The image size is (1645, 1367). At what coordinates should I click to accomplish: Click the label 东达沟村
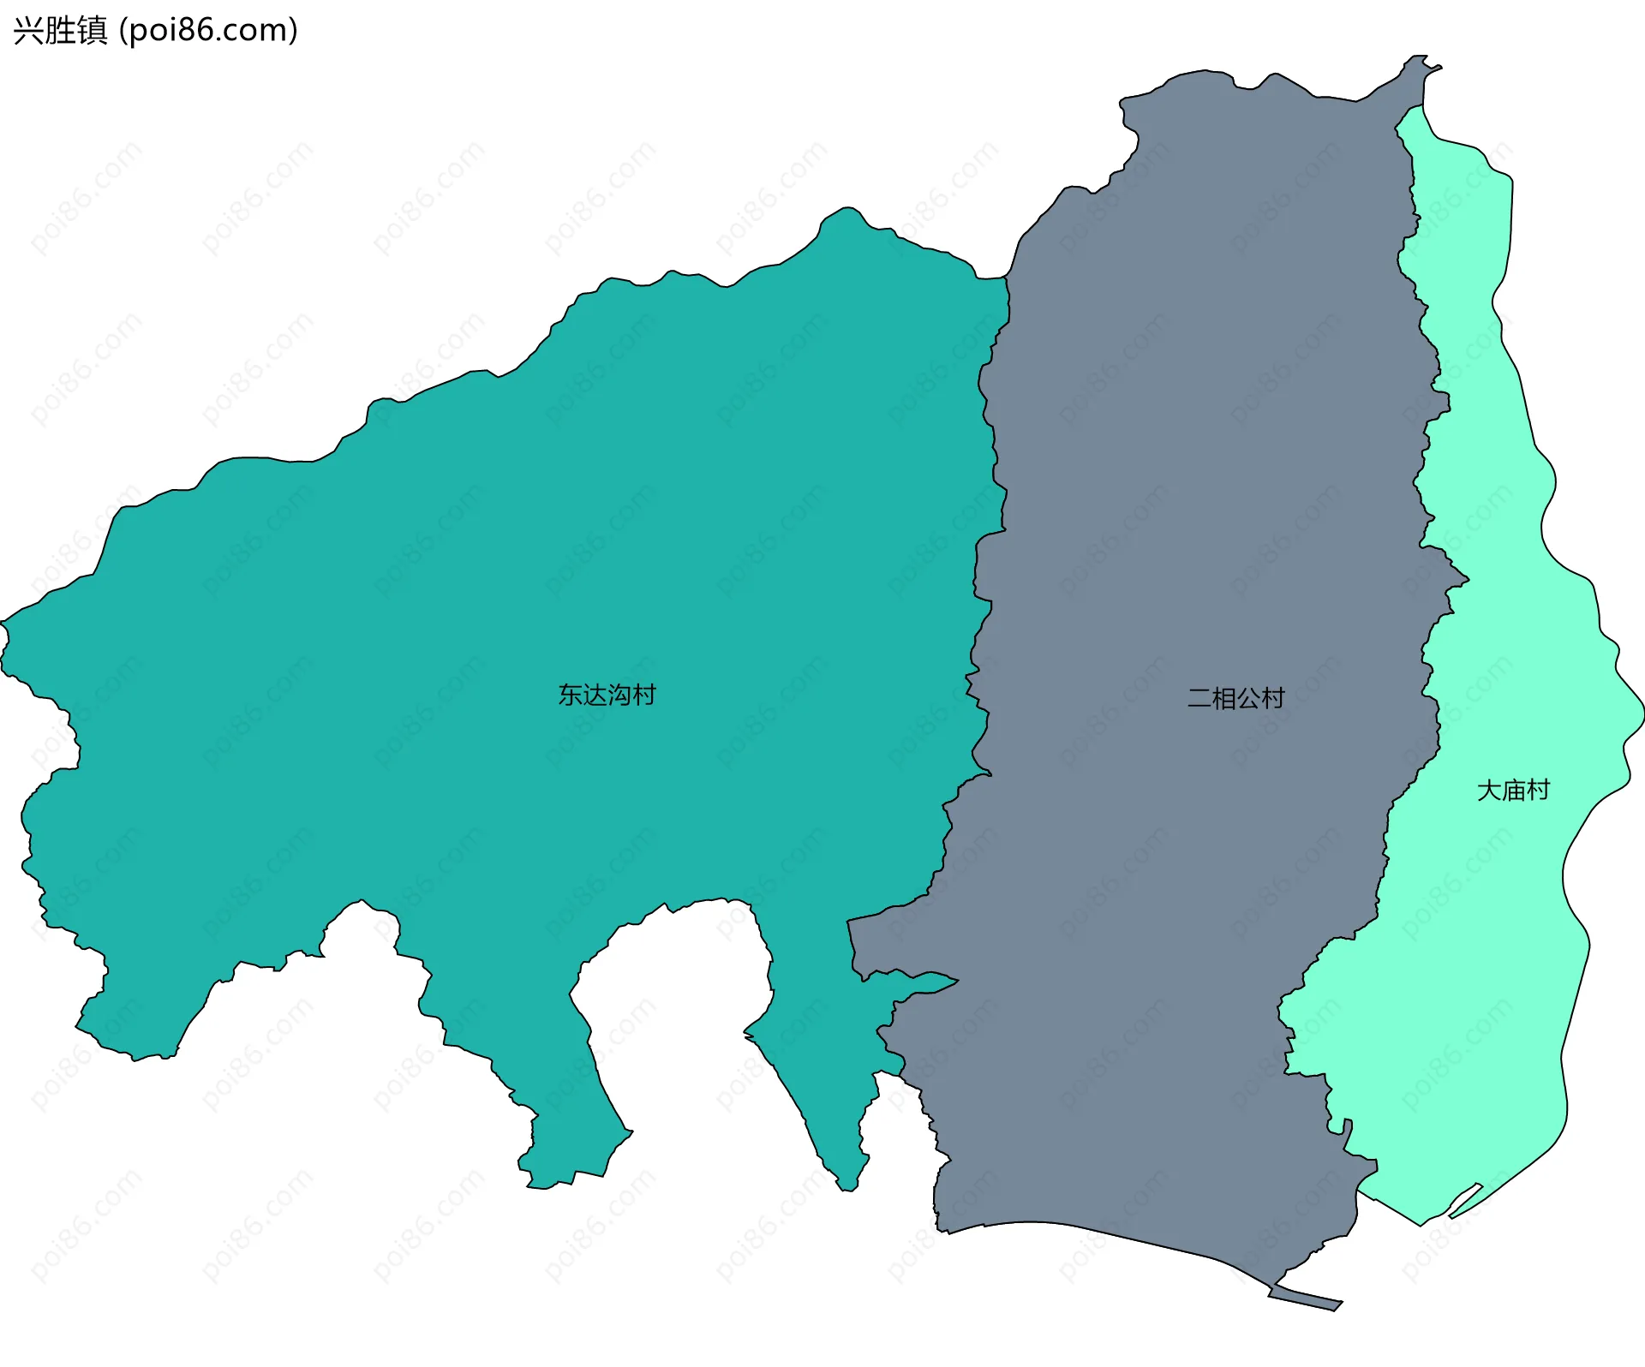[x=607, y=695]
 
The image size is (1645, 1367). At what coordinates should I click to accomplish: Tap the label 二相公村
[x=1235, y=699]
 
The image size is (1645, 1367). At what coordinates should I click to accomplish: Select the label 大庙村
[x=1513, y=791]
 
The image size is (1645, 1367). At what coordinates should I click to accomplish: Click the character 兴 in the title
[x=28, y=31]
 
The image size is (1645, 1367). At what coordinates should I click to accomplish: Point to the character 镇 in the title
[x=92, y=31]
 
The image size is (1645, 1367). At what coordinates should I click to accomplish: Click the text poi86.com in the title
[x=207, y=31]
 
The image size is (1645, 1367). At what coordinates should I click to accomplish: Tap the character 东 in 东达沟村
[x=571, y=695]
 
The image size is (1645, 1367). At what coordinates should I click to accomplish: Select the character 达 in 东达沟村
[x=595, y=695]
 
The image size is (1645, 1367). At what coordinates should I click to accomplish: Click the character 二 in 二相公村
[x=1199, y=699]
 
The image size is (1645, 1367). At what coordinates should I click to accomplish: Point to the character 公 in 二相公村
[x=1248, y=699]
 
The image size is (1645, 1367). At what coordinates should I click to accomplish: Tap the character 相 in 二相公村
[x=1223, y=699]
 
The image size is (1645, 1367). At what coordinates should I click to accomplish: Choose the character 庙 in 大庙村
[x=1514, y=791]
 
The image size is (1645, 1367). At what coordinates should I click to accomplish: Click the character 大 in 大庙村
[x=1489, y=791]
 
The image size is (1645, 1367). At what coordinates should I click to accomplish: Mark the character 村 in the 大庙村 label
[x=1539, y=791]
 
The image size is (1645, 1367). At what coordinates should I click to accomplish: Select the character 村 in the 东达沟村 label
[x=644, y=695]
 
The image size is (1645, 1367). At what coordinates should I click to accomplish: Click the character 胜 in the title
[x=60, y=31]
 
